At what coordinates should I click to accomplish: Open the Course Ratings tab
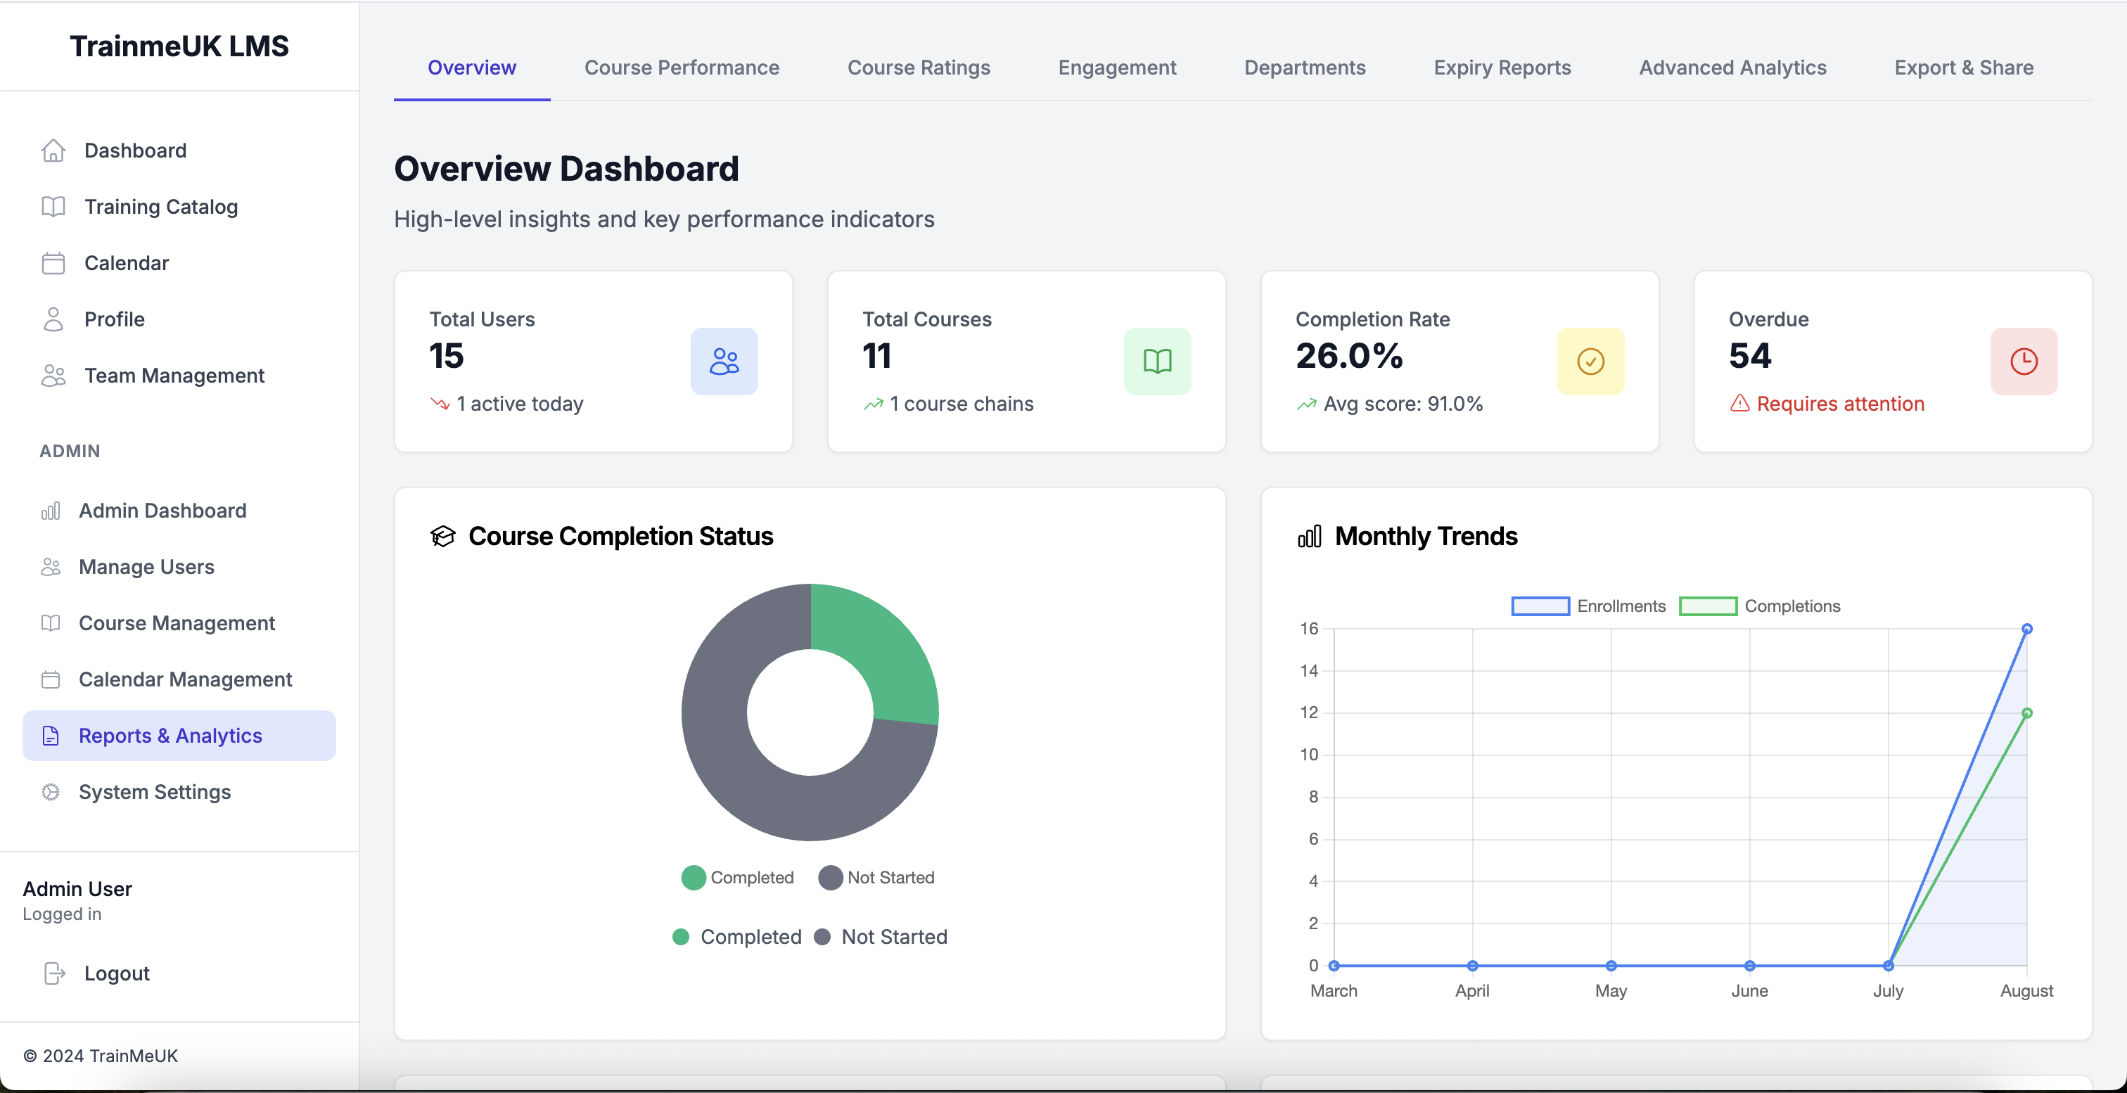click(918, 68)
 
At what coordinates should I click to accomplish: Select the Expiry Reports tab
click(1502, 68)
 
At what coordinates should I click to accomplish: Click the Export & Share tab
click(1964, 68)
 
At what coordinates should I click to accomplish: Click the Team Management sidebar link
click(174, 376)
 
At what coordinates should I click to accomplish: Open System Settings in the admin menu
click(155, 792)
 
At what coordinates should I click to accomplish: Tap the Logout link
click(117, 973)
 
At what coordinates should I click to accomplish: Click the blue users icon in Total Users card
click(724, 362)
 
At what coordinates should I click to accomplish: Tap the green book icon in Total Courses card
click(1157, 362)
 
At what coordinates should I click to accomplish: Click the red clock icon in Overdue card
click(2023, 362)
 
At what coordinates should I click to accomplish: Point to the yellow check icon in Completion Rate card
click(1590, 362)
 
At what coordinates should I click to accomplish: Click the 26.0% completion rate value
click(1349, 356)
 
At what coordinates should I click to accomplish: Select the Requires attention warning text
click(1839, 404)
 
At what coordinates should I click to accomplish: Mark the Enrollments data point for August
click(2026, 629)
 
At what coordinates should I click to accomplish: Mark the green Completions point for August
click(2026, 713)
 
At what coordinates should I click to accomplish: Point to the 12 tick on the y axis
click(1309, 712)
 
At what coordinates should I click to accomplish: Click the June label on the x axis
click(1749, 990)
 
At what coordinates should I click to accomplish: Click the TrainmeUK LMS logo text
click(179, 46)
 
